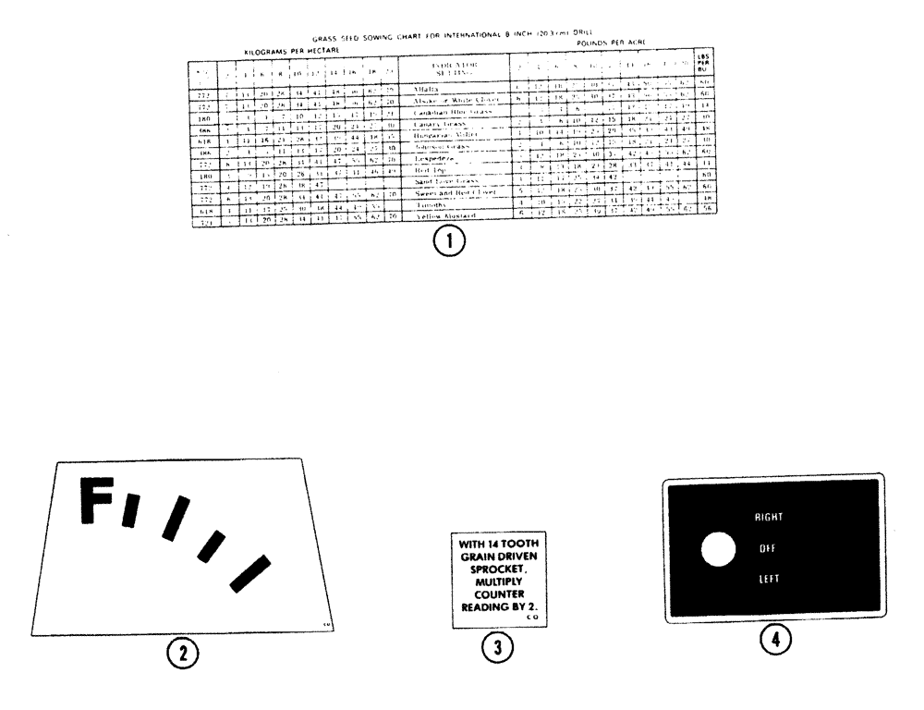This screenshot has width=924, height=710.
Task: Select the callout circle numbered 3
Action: point(497,648)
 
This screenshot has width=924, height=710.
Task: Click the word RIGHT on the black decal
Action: point(770,517)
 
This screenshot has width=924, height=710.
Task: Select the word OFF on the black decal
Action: point(767,548)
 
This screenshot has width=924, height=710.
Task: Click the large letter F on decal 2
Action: point(95,500)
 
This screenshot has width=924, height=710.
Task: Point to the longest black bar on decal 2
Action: point(249,573)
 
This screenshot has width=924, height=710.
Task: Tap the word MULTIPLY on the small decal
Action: point(495,584)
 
